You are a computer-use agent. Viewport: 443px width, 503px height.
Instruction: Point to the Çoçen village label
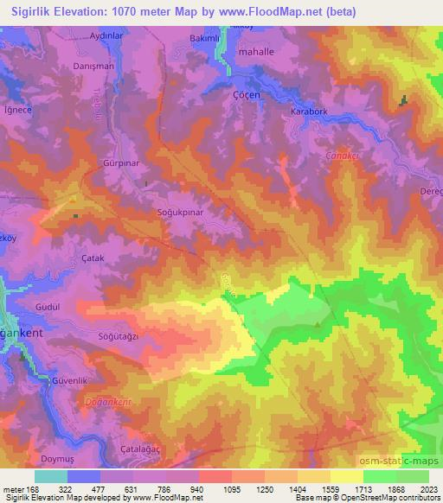[247, 96]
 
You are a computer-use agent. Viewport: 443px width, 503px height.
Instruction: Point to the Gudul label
[48, 307]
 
